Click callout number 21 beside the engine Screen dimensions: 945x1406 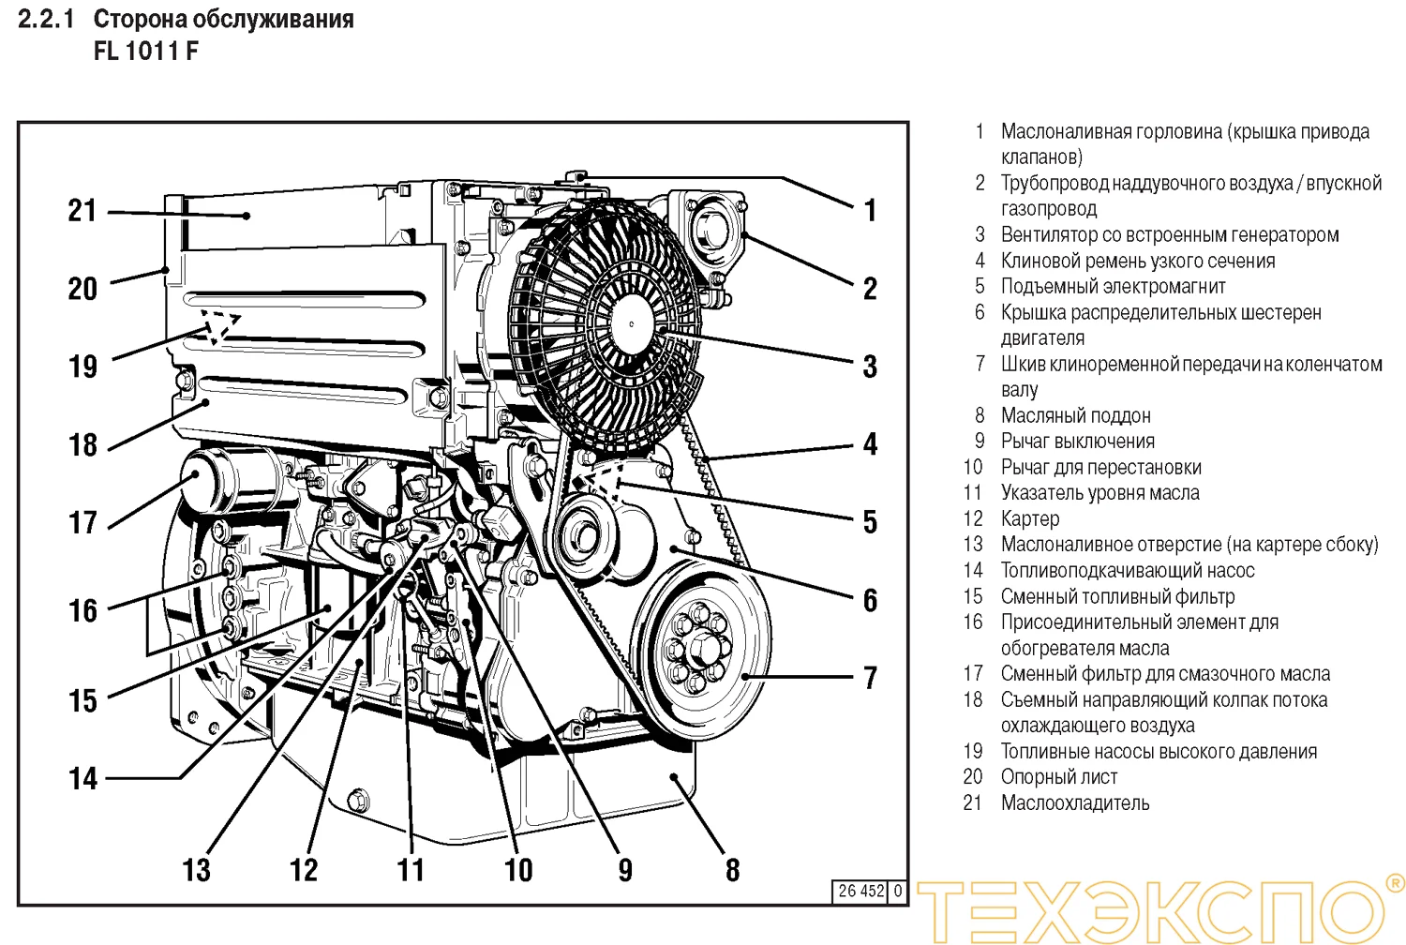[82, 210]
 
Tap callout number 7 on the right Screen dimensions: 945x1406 [870, 677]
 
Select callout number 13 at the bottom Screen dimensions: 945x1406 [196, 869]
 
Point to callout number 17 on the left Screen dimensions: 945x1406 [82, 522]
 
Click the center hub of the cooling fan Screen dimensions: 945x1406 [632, 324]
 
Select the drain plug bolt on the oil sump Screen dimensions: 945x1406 [357, 801]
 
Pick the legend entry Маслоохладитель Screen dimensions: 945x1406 [1074, 802]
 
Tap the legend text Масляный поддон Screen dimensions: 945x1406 [1075, 415]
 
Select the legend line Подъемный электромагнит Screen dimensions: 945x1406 [1113, 286]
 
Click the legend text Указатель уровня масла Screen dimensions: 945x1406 [1099, 492]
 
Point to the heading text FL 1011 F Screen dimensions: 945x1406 [145, 51]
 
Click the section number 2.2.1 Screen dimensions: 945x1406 [45, 19]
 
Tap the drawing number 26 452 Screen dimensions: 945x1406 [860, 891]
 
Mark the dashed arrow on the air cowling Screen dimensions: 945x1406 [217, 324]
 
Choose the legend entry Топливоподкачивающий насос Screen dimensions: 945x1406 [1127, 570]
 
